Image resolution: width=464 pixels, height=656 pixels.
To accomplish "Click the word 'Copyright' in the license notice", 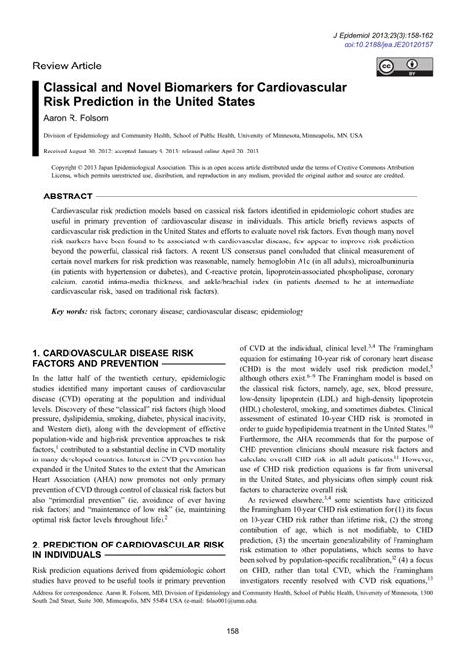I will coord(68,167).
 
